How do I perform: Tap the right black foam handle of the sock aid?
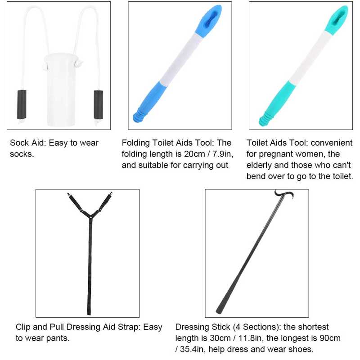point(99,104)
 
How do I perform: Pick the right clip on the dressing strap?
point(110,197)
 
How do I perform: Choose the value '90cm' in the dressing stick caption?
point(328,338)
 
